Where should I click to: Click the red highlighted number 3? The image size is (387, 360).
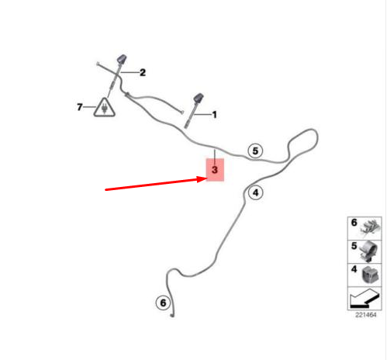click(215, 170)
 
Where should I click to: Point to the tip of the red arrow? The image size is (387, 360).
click(206, 178)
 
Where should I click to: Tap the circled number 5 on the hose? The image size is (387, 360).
click(255, 151)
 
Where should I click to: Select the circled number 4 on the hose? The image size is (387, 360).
click(255, 192)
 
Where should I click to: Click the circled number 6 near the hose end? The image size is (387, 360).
click(163, 303)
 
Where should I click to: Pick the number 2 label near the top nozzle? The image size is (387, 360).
click(143, 72)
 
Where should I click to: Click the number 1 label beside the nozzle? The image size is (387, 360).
click(214, 115)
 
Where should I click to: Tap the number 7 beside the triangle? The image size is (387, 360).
click(80, 107)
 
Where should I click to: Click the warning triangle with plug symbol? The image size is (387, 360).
click(104, 108)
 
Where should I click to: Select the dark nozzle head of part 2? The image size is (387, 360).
click(122, 59)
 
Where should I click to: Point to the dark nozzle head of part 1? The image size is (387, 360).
click(199, 98)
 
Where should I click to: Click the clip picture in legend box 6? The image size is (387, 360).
click(370, 228)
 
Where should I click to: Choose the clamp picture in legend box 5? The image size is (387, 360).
click(369, 251)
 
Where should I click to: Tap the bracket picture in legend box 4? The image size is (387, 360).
click(370, 275)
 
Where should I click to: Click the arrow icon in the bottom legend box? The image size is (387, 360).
click(365, 299)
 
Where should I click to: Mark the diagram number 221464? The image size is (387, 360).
click(366, 315)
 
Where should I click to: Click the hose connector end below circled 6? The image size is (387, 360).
click(172, 315)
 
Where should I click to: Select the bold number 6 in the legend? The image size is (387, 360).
click(354, 223)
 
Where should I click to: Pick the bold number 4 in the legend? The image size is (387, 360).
click(354, 269)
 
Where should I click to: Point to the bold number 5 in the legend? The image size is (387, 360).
click(354, 246)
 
